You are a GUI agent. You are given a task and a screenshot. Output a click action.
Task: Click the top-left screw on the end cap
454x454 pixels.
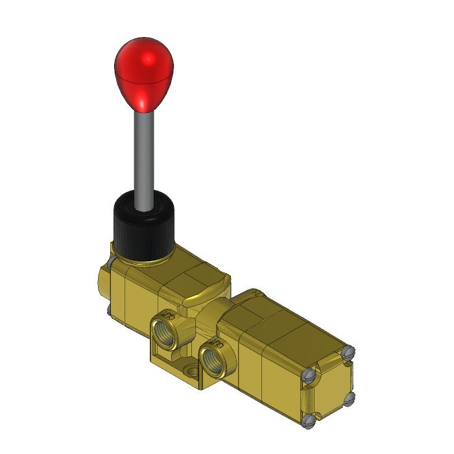click(309, 375)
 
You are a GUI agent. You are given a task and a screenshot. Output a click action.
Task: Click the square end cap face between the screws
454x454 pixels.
click(329, 387)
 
